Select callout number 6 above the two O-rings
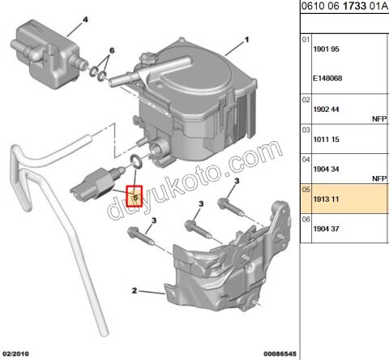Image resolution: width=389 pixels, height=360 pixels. coord(112,50)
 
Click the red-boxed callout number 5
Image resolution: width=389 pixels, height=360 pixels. coord(135,196)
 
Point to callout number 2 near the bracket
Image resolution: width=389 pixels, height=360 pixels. coord(135,289)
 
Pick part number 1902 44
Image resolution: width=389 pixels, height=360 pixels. coord(328,109)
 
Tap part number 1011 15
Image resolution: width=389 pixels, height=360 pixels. coord(328,139)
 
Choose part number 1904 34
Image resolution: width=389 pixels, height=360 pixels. coord(328,169)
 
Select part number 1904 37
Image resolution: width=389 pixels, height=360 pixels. coord(328,229)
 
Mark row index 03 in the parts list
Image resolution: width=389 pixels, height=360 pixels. coord(306,128)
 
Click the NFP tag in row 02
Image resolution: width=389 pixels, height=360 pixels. coord(380,117)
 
